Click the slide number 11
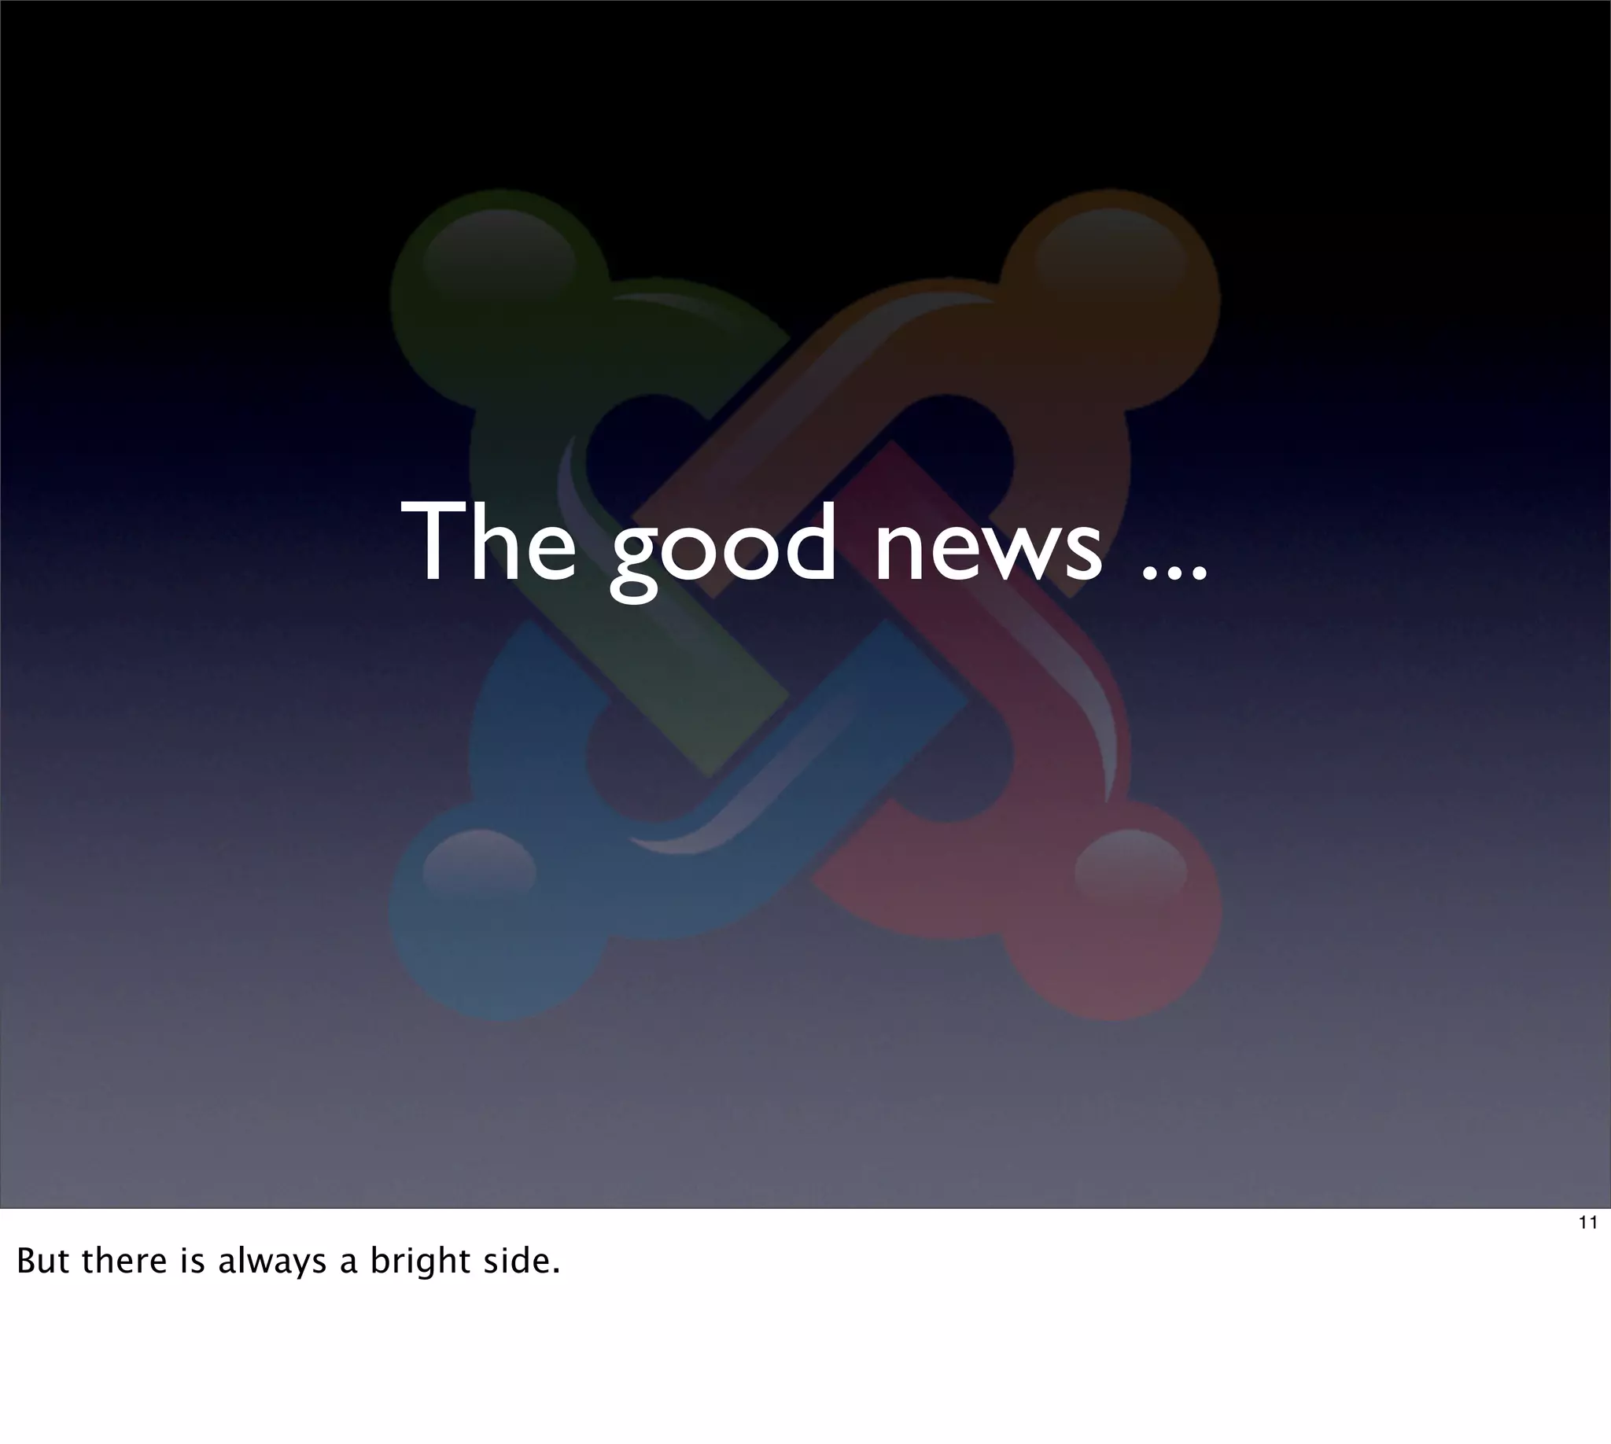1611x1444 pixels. pyautogui.click(x=1587, y=1223)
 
